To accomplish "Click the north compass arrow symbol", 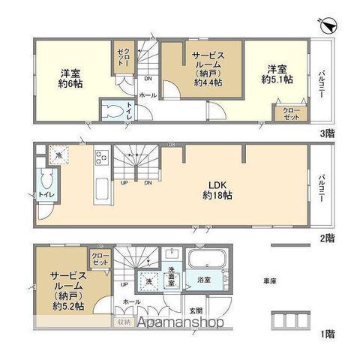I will point(328,25).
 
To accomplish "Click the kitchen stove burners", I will point(102,159).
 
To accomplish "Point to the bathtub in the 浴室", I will point(205,262).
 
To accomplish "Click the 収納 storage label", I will point(123,322).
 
